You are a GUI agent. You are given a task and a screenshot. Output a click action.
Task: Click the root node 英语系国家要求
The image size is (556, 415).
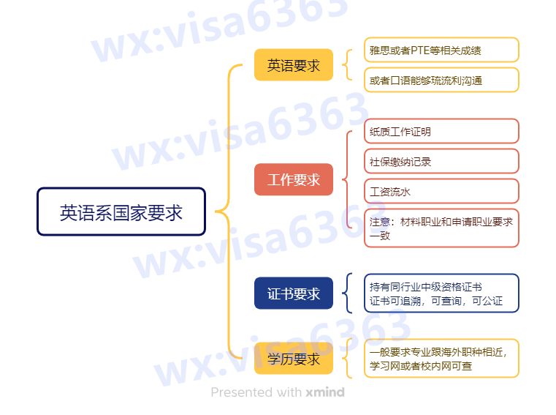tap(121, 212)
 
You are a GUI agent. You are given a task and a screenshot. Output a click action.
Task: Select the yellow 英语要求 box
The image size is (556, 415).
tap(293, 65)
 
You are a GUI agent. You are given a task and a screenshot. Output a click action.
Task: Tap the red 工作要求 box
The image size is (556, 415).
tap(293, 179)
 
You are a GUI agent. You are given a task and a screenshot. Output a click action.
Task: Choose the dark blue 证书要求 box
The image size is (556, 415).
tap(293, 294)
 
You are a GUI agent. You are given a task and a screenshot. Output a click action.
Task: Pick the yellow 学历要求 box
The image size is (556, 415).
tap(293, 359)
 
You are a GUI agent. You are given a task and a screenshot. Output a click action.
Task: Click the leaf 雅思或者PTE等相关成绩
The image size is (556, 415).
tap(441, 51)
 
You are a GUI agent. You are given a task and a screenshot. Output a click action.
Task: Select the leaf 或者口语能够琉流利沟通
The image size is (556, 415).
tap(441, 81)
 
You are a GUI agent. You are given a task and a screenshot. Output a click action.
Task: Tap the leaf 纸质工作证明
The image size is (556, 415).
tap(441, 132)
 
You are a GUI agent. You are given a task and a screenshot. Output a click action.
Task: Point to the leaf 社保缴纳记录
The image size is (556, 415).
tap(441, 162)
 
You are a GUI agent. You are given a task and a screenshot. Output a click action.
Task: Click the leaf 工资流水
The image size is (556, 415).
tap(441, 192)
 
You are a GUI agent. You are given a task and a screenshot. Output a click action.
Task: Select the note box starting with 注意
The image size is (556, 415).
tap(441, 228)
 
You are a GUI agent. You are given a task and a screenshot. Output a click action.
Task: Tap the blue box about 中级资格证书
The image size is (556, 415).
tap(441, 294)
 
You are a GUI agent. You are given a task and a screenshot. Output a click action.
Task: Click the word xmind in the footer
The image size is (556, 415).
tap(325, 392)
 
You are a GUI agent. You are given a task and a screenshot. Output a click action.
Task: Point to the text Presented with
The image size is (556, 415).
tap(256, 392)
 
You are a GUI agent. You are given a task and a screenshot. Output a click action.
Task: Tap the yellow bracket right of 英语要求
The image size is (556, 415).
tap(346, 65)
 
